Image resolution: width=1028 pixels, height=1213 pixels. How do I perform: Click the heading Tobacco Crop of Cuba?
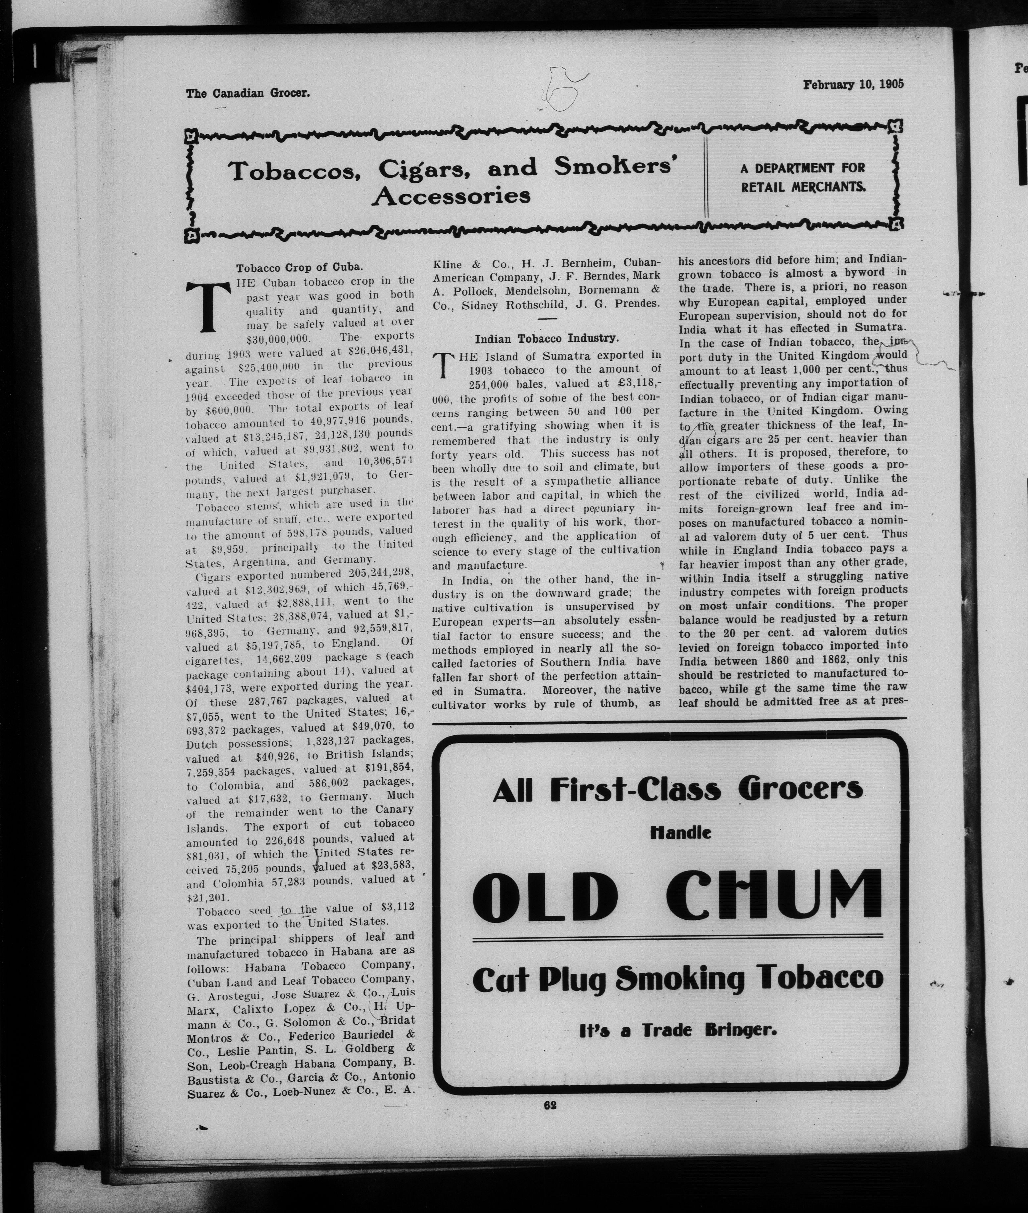[x=299, y=268]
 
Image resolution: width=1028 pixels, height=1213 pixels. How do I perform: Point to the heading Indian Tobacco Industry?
[x=546, y=338]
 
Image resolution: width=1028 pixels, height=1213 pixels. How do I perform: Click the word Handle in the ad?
[x=680, y=833]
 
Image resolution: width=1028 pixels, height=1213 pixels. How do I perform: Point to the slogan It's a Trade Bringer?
[x=678, y=1030]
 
